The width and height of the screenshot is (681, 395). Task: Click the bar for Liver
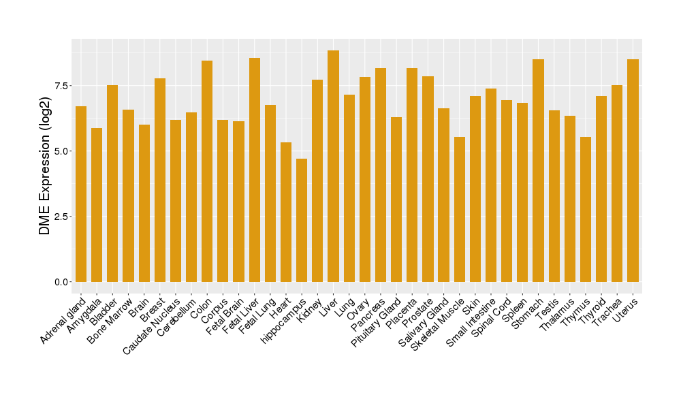[x=333, y=166]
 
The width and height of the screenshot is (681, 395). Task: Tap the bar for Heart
[x=286, y=212]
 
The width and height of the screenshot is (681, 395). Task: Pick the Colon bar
[x=207, y=171]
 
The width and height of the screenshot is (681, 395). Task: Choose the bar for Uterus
[x=633, y=170]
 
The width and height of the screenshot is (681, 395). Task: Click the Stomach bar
[x=538, y=170]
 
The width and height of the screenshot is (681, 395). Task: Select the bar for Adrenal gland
[x=81, y=194]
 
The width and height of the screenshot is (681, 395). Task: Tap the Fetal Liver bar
[x=255, y=170]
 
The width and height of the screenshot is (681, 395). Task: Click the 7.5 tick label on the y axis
[x=62, y=85]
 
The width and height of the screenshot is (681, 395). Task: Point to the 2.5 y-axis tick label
[x=62, y=217]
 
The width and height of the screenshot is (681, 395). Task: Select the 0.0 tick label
[x=62, y=282]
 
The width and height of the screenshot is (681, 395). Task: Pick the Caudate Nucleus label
[x=152, y=326]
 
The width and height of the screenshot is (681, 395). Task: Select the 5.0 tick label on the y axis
[x=62, y=151]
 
